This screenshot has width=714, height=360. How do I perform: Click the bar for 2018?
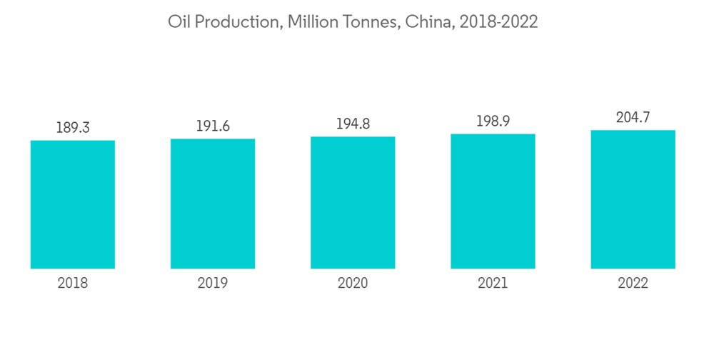[x=73, y=204]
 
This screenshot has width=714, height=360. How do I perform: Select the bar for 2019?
[x=213, y=204]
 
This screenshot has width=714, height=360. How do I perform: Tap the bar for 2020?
[x=353, y=202]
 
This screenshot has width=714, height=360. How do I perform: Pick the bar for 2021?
[x=493, y=201]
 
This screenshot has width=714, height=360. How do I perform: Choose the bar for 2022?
[x=633, y=199]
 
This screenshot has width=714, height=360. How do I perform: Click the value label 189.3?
[x=73, y=128]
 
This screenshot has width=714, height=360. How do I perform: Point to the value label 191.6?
[x=213, y=126]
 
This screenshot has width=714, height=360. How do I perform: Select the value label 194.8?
[x=353, y=124]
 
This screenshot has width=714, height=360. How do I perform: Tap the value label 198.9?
[x=493, y=121]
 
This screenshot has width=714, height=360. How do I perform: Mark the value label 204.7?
[x=633, y=117]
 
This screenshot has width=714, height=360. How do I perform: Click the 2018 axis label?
[x=73, y=284]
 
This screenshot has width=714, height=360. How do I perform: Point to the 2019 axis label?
[x=213, y=284]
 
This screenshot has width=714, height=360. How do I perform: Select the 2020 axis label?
[x=353, y=284]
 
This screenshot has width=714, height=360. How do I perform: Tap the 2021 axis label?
[x=493, y=284]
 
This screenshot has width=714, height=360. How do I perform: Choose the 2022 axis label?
[x=633, y=284]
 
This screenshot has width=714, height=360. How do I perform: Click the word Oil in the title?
[x=178, y=22]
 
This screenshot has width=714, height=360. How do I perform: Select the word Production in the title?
[x=234, y=22]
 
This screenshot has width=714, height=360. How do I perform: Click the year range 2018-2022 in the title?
[x=499, y=22]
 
